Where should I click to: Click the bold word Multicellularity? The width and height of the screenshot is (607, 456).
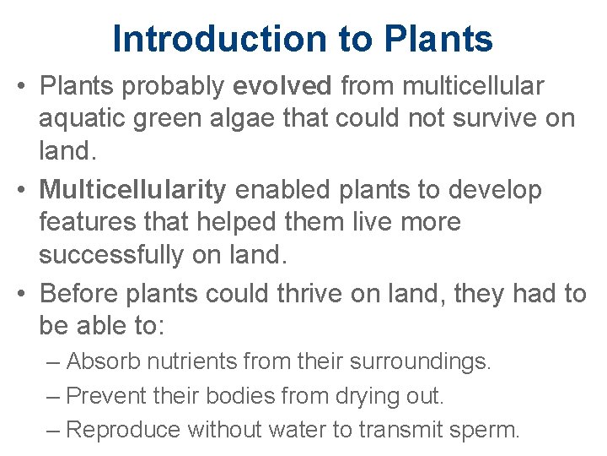pos(132,190)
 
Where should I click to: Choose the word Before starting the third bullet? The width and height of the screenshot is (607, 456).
pos(81,293)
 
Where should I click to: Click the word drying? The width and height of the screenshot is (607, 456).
pos(360,395)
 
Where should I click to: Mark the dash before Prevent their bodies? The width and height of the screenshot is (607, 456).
pos(54,395)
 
